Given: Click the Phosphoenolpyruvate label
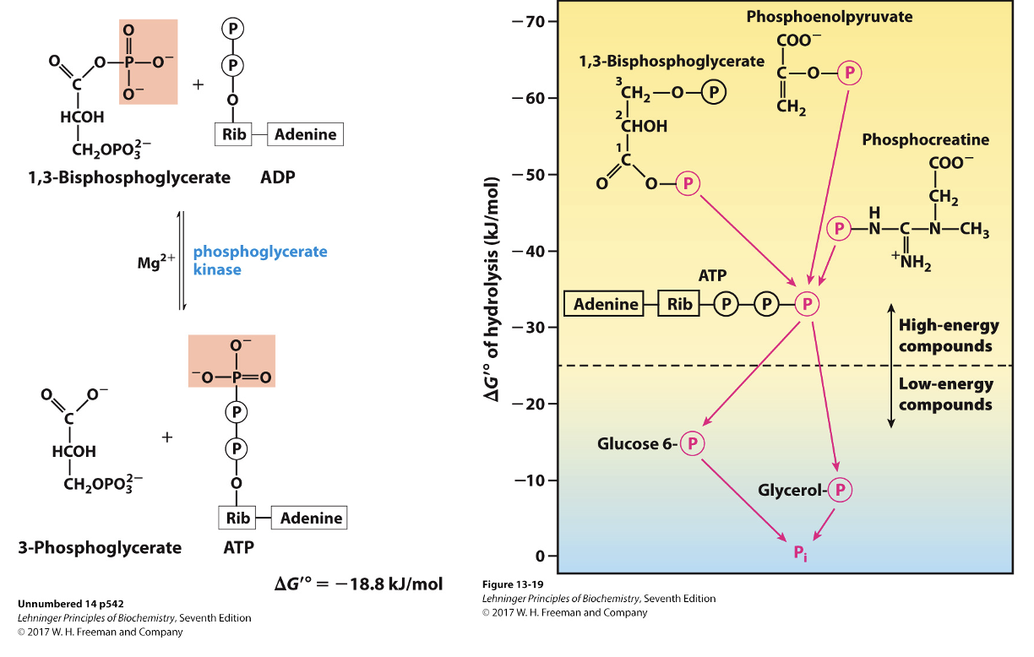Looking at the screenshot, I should (x=830, y=17).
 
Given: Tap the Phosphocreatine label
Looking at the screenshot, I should (x=925, y=140).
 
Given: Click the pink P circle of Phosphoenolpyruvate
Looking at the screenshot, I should (x=849, y=73).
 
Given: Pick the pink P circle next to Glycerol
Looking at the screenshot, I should (x=840, y=490).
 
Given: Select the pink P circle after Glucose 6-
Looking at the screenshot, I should (x=692, y=443).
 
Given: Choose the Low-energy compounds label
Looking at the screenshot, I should (x=945, y=394).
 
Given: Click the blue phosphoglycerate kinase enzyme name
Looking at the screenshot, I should (x=259, y=261).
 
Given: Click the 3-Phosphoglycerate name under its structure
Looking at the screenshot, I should (x=99, y=547).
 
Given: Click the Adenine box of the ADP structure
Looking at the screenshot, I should (x=305, y=134).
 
